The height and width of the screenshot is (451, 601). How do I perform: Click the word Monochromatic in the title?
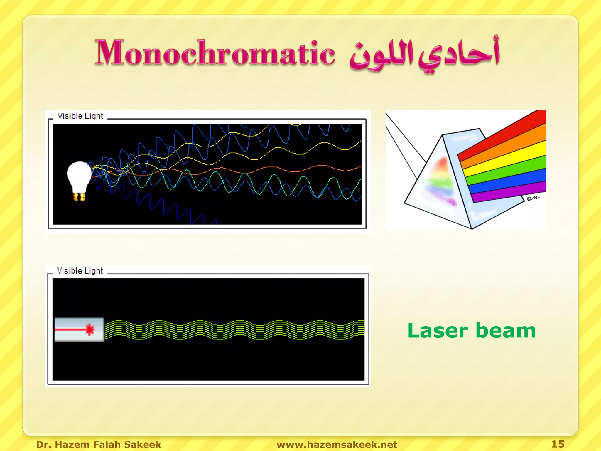[x=215, y=53]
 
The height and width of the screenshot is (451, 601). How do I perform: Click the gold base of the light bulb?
[x=79, y=197]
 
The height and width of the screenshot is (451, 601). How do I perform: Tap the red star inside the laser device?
[x=90, y=329]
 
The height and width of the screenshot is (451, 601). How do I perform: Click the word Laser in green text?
[x=437, y=331]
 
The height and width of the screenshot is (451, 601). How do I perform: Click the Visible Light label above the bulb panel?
[x=80, y=116]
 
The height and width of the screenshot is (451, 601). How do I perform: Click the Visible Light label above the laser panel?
[x=80, y=271]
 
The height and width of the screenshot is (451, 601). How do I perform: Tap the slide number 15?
[x=558, y=444]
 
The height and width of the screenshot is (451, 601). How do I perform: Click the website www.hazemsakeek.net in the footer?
[x=337, y=445]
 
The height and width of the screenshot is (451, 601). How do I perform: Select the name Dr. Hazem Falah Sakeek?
[x=99, y=445]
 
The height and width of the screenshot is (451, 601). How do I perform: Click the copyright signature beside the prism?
[x=533, y=198]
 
